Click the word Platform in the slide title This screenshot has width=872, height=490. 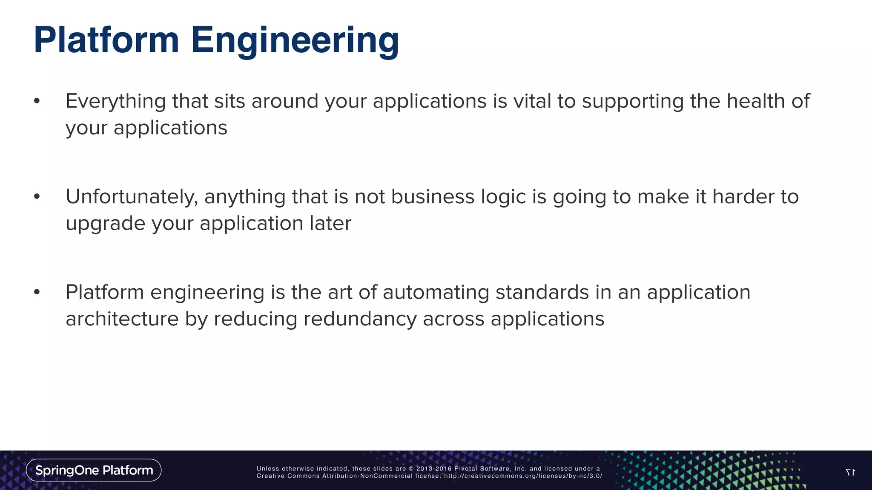pyautogui.click(x=106, y=40)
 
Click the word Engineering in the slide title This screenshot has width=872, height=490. pyautogui.click(x=295, y=41)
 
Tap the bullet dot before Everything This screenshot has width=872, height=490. pyautogui.click(x=37, y=101)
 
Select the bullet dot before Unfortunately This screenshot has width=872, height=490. pyautogui.click(x=37, y=197)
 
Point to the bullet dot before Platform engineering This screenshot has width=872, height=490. pyautogui.click(x=37, y=292)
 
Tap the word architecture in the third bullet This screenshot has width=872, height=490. pyautogui.click(x=122, y=319)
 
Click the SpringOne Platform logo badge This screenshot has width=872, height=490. pyautogui.click(x=94, y=470)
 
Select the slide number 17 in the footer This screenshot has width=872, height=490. pyautogui.click(x=850, y=472)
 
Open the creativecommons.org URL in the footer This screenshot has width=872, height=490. pyautogui.click(x=523, y=476)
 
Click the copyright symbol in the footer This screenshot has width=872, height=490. pyautogui.click(x=411, y=469)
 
